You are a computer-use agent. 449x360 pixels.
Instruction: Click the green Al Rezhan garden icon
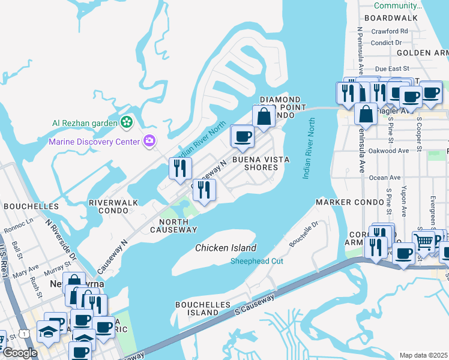tap(126, 123)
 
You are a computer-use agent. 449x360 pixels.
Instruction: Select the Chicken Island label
tap(226, 248)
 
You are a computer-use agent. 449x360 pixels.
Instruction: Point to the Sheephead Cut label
tap(257, 261)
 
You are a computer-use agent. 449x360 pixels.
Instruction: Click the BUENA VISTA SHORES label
tap(261, 164)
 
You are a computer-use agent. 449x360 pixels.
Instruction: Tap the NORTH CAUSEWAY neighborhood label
tap(169, 226)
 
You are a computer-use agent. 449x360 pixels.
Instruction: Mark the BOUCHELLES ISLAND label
tap(202, 308)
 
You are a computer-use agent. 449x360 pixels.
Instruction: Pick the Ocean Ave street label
tap(385, 178)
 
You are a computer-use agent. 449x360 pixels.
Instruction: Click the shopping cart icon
tap(424, 242)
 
